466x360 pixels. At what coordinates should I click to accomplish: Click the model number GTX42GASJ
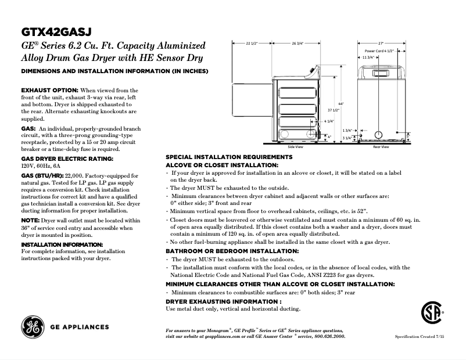[x=56, y=31]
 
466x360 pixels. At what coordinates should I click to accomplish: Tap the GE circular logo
[x=32, y=327]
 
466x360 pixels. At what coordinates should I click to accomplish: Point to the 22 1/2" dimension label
[x=251, y=44]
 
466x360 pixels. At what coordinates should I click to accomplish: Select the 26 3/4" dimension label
[x=297, y=44]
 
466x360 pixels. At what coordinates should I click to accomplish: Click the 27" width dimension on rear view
[x=381, y=44]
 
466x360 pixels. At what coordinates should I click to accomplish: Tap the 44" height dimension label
[x=342, y=103]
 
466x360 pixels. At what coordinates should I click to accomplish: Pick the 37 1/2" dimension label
[x=333, y=110]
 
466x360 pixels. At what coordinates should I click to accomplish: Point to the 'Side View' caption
[x=295, y=147]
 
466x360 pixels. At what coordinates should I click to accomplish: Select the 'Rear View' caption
[x=381, y=147]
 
